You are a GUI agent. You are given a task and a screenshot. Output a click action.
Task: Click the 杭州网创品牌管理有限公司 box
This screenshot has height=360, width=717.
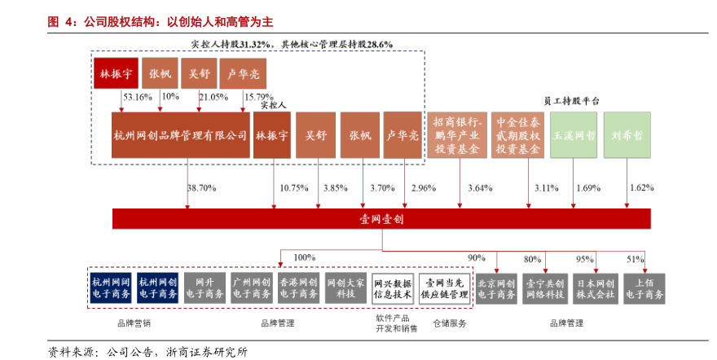[x=181, y=135]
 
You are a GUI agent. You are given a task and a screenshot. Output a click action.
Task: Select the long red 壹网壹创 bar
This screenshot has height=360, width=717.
[x=381, y=220]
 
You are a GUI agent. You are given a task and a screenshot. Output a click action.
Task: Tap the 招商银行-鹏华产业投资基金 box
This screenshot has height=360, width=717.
[x=460, y=135]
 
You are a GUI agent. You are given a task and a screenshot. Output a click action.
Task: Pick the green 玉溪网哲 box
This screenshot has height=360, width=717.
[x=574, y=135]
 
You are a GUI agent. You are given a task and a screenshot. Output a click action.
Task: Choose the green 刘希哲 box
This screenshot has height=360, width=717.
[x=627, y=135]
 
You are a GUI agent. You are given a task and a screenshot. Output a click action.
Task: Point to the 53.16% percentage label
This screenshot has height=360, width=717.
[x=137, y=97]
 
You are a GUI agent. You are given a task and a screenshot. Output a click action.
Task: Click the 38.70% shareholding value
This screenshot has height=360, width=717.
[x=201, y=188]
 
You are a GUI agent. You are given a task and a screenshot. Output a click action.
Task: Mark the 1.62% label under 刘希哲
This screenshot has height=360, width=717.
[x=641, y=188]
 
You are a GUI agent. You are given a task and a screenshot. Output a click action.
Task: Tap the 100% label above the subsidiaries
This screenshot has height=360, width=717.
[x=304, y=257]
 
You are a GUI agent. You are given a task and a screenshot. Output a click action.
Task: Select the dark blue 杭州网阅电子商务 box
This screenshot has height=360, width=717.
[x=111, y=288]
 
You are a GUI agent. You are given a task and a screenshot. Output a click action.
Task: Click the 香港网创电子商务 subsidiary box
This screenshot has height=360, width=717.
[x=298, y=288]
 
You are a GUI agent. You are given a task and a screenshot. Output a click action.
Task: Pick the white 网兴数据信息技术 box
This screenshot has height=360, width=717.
[x=393, y=288]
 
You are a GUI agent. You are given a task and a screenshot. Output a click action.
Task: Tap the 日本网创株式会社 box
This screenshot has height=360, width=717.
[x=596, y=288]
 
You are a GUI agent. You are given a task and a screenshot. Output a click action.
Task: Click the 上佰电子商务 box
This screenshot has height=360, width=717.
[x=644, y=288]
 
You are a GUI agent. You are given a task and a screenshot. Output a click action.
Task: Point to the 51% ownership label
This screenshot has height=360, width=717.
[x=636, y=259]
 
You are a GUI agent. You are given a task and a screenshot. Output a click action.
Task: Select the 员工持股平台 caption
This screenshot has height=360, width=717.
[x=571, y=100]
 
